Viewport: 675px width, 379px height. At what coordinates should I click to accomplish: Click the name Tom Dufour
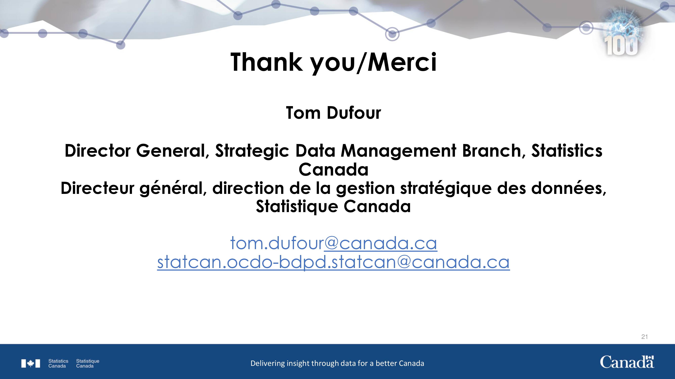(333, 113)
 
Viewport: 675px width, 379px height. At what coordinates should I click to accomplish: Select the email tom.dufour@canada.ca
(334, 243)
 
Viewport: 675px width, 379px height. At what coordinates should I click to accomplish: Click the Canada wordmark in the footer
(627, 362)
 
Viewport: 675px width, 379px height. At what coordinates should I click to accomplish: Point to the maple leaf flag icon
(31, 364)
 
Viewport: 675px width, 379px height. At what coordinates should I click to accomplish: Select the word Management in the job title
(399, 151)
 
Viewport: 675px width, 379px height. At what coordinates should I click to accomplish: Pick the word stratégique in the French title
(446, 189)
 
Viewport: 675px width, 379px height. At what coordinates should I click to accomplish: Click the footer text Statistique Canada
(88, 364)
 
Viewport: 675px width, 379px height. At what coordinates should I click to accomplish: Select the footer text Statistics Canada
(58, 364)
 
